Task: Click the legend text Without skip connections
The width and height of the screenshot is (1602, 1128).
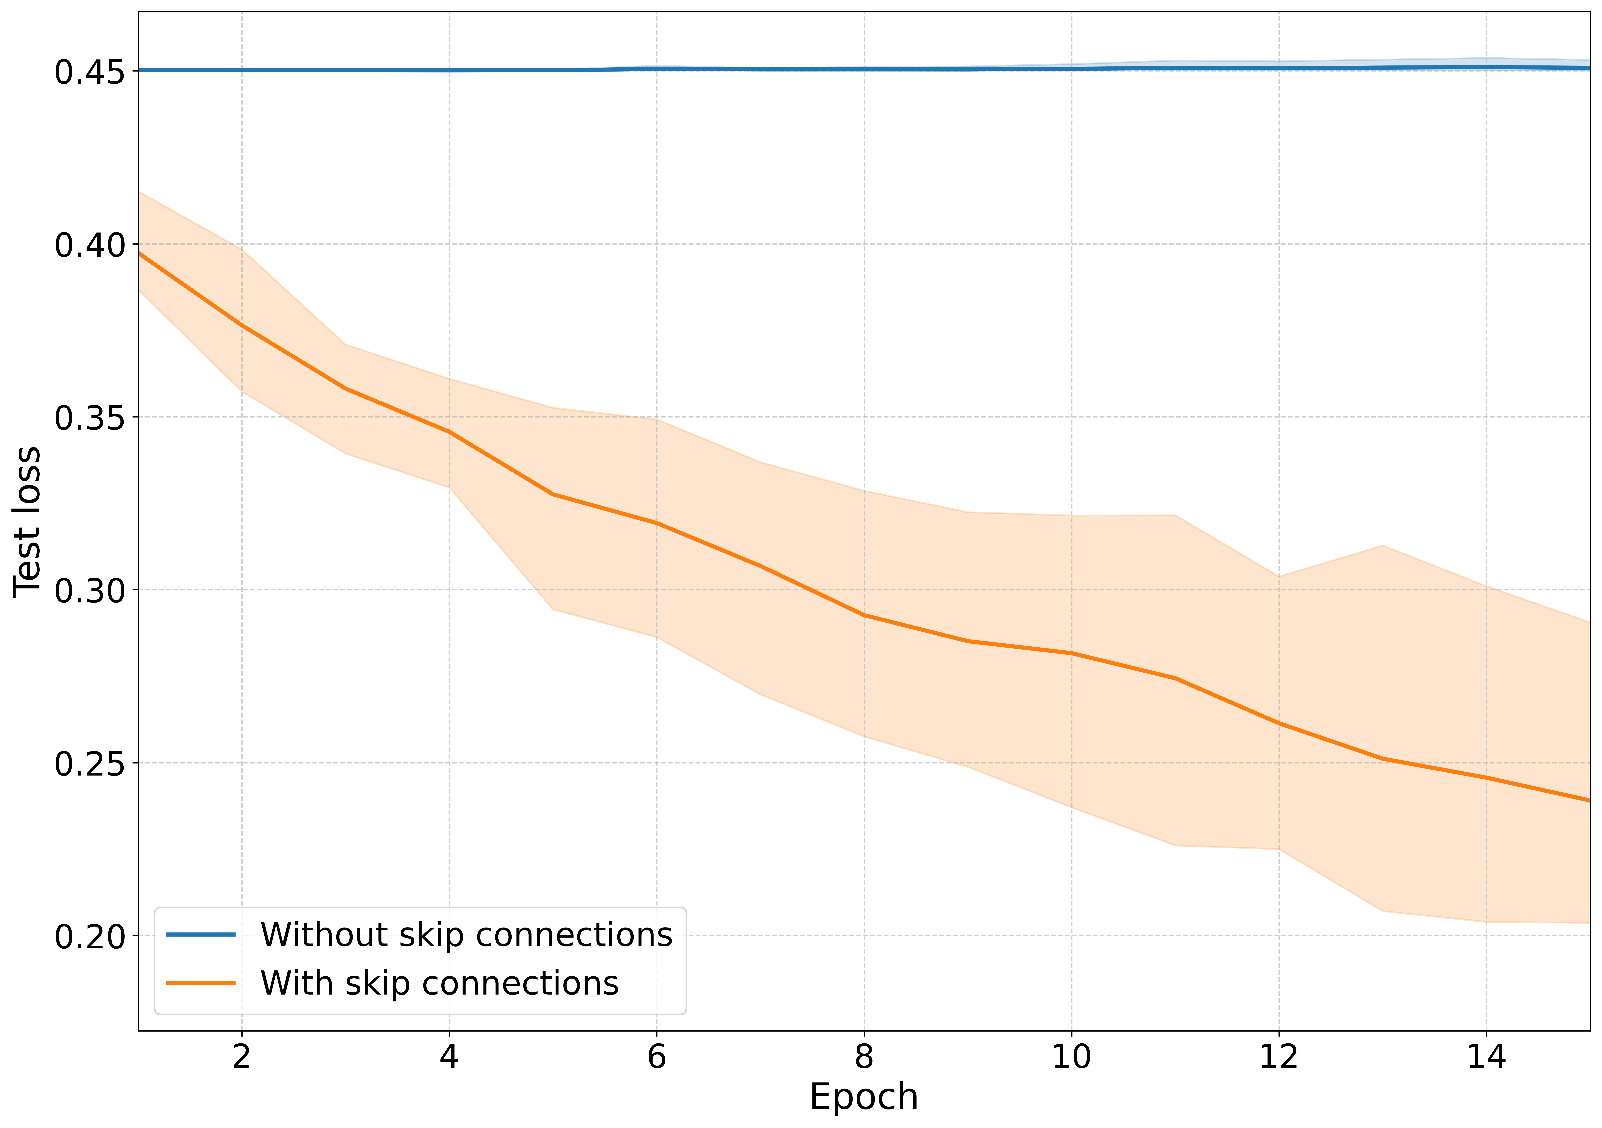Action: pyautogui.click(x=466, y=935)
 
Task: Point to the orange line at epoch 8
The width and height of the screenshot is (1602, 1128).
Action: pyautogui.click(x=864, y=615)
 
